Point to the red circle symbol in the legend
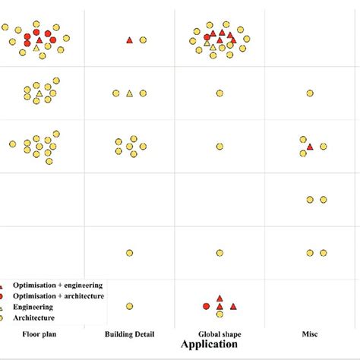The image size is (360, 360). (6, 295)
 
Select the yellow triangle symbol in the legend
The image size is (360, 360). (6, 307)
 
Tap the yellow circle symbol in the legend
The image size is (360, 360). (6, 317)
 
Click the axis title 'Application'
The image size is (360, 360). (209, 344)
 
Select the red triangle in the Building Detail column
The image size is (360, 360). (129, 39)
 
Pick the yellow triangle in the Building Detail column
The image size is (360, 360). (129, 93)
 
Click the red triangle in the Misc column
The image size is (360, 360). (310, 146)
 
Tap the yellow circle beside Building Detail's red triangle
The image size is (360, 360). (143, 39)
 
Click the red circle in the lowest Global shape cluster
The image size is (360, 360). (207, 306)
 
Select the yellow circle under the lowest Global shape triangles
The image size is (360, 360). (219, 314)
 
